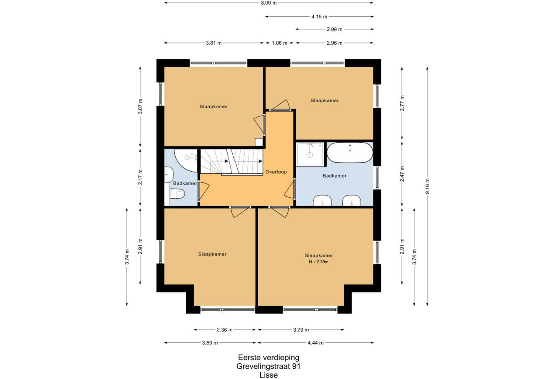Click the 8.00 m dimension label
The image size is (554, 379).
(x=268, y=3)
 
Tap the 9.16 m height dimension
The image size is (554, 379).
(x=427, y=186)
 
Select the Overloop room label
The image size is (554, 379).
(x=276, y=172)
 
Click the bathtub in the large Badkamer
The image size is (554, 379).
(x=350, y=152)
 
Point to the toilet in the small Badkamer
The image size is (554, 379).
(x=177, y=193)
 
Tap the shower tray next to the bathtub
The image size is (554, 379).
(x=310, y=154)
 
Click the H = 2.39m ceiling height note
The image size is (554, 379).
(x=319, y=261)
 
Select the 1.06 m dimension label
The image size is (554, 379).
(x=280, y=43)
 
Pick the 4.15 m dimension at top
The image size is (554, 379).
(x=319, y=17)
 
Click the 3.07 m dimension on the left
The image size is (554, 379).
(x=141, y=106)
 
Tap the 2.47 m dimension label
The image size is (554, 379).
(x=402, y=174)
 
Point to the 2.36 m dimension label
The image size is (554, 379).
(x=225, y=330)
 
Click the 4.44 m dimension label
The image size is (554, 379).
(x=316, y=343)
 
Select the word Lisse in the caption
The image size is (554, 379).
(x=268, y=375)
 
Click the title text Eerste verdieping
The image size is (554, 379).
(x=268, y=358)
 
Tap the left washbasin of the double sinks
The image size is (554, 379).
(x=322, y=201)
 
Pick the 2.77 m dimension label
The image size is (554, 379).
(x=402, y=103)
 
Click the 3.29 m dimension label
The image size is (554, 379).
(x=301, y=330)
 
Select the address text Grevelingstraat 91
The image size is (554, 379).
(x=268, y=366)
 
